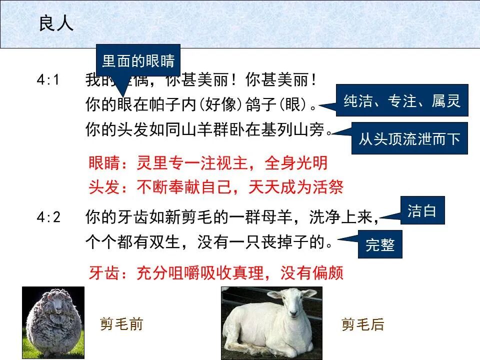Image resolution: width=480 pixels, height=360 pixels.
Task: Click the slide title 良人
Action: coord(56,24)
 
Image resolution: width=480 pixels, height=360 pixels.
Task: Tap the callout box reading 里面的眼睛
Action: coord(138,61)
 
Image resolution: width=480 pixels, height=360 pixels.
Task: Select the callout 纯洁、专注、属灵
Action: coord(402,101)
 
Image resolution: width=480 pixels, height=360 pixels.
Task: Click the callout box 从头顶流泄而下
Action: coord(409,138)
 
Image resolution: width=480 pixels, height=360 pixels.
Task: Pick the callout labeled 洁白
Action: coord(422,210)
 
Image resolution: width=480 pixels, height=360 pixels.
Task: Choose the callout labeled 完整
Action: coord(380,244)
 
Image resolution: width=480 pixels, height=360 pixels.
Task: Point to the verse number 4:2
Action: coord(48,217)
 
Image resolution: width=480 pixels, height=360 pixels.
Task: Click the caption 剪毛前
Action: coord(121,324)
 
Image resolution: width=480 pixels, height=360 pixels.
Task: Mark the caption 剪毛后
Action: coord(362,324)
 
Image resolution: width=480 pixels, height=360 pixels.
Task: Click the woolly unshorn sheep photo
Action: coord(53,322)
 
